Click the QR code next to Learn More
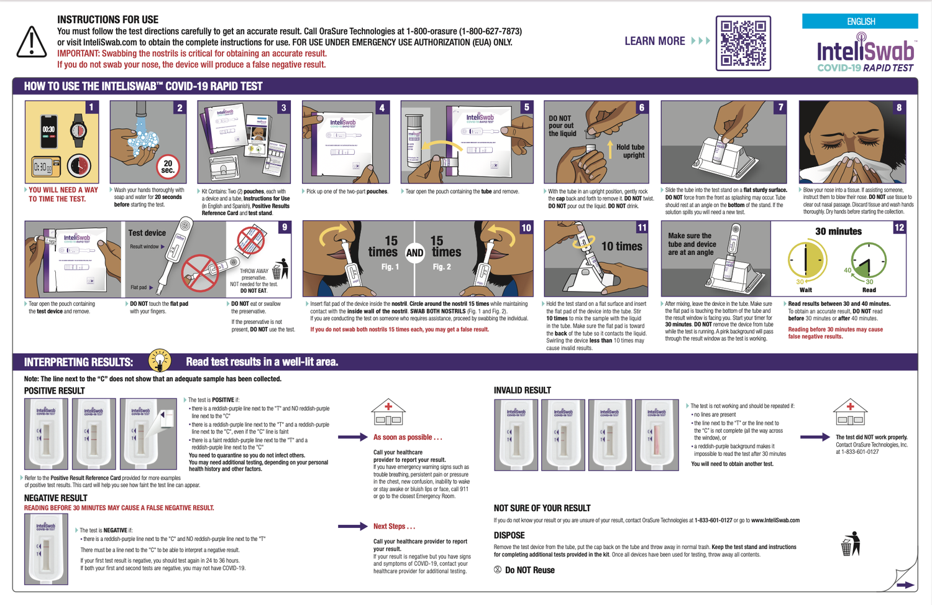[743, 43]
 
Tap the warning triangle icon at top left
[31, 42]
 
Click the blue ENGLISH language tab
[860, 21]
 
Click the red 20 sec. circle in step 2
[168, 167]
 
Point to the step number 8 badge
[898, 108]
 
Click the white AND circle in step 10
[414, 252]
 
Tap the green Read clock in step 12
[869, 260]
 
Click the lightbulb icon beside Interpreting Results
[160, 361]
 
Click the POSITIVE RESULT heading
[54, 390]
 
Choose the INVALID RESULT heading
[522, 390]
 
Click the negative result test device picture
[46, 549]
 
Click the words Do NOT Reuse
[529, 570]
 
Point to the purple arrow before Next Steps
[353, 526]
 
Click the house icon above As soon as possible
[388, 412]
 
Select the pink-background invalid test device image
[657, 435]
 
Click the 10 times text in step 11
[621, 246]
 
